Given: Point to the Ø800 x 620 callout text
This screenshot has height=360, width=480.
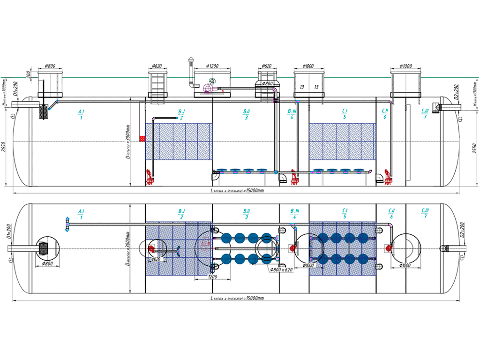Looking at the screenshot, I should point(283,270).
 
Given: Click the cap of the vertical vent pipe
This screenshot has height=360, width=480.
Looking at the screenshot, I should point(190,60).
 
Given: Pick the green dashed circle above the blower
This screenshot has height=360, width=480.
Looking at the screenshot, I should point(212,81).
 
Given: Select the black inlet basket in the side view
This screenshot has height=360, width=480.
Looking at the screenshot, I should point(45,112).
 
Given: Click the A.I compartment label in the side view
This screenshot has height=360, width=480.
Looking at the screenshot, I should point(81,114).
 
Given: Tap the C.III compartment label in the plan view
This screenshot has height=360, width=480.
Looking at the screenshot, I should point(425,213).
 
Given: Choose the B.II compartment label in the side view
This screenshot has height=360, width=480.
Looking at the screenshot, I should point(246,114).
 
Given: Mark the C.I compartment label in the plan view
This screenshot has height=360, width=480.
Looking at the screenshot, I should point(345,213).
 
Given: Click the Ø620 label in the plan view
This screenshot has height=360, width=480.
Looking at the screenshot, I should point(157,259).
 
